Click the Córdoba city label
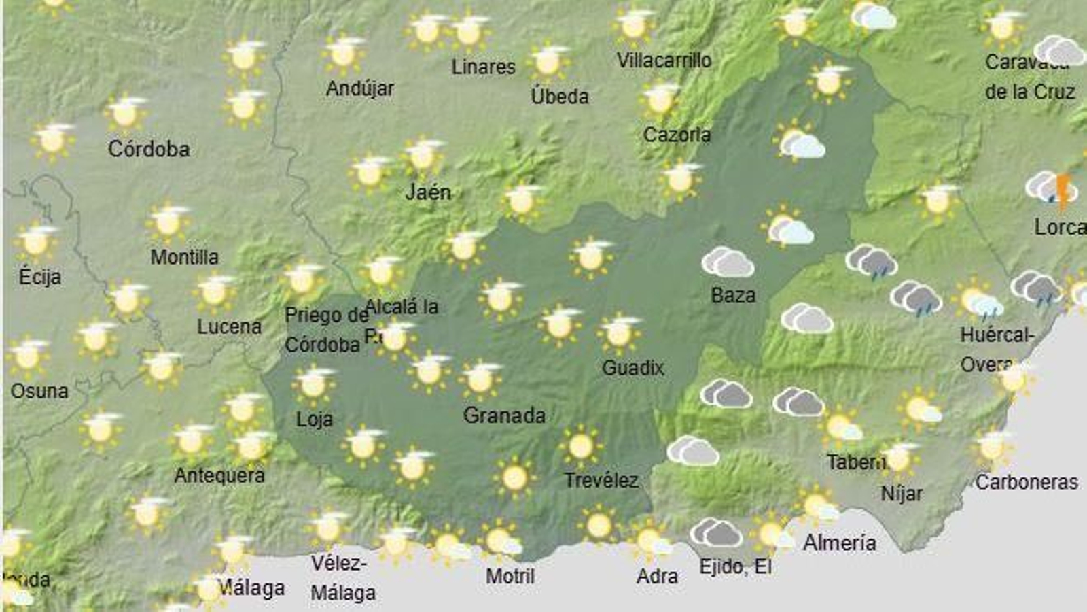pos(149,149)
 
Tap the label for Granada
pos(504,415)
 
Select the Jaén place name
pos(428,192)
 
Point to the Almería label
pos(839,543)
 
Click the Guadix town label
pos(632,368)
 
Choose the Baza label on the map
pos(733,295)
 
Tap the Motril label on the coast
pos(510,576)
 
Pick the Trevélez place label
pos(601,481)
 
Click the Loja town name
pos(315,419)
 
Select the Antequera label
pos(219,475)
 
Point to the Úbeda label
pos(560,96)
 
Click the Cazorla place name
pos(677,135)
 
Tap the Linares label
pos(484,67)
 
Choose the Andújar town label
pos(360,88)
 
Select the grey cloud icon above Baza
pos(728,262)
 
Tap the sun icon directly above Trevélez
pos(581,446)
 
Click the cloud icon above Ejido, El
pos(716,532)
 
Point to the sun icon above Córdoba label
pos(126,113)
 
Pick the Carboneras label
pos(1027,481)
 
